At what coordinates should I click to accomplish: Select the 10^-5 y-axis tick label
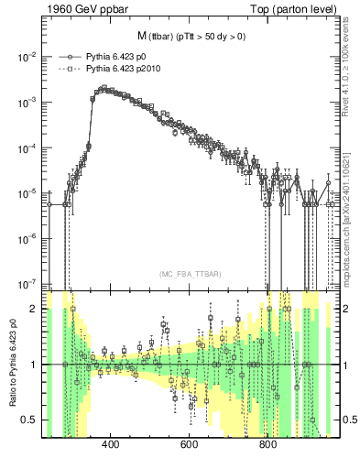[27, 193]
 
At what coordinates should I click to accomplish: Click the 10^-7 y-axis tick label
[27, 283]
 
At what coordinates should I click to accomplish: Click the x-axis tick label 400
[111, 446]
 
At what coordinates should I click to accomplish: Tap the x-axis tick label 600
[190, 446]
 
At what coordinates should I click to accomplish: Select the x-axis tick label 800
[268, 446]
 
